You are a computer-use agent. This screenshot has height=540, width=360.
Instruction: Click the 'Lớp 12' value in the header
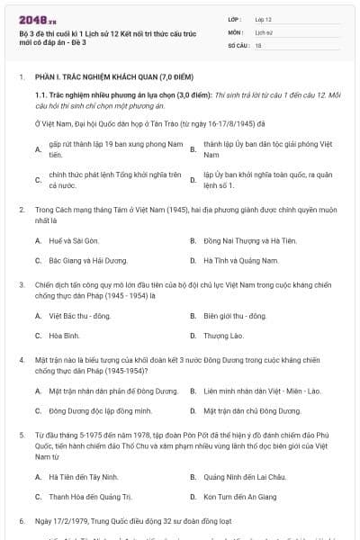pyautogui.click(x=264, y=19)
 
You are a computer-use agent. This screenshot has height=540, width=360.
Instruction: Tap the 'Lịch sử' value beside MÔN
pyautogui.click(x=264, y=31)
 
